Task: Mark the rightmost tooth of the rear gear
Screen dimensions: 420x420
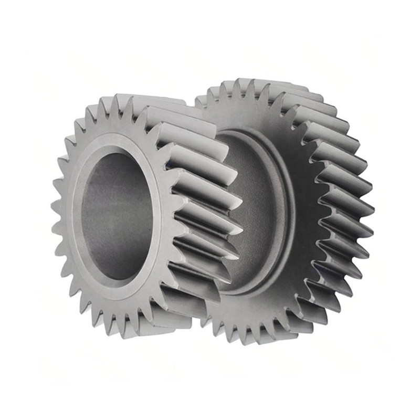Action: pos(367,210)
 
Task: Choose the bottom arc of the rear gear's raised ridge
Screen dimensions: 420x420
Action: pos(252,291)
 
